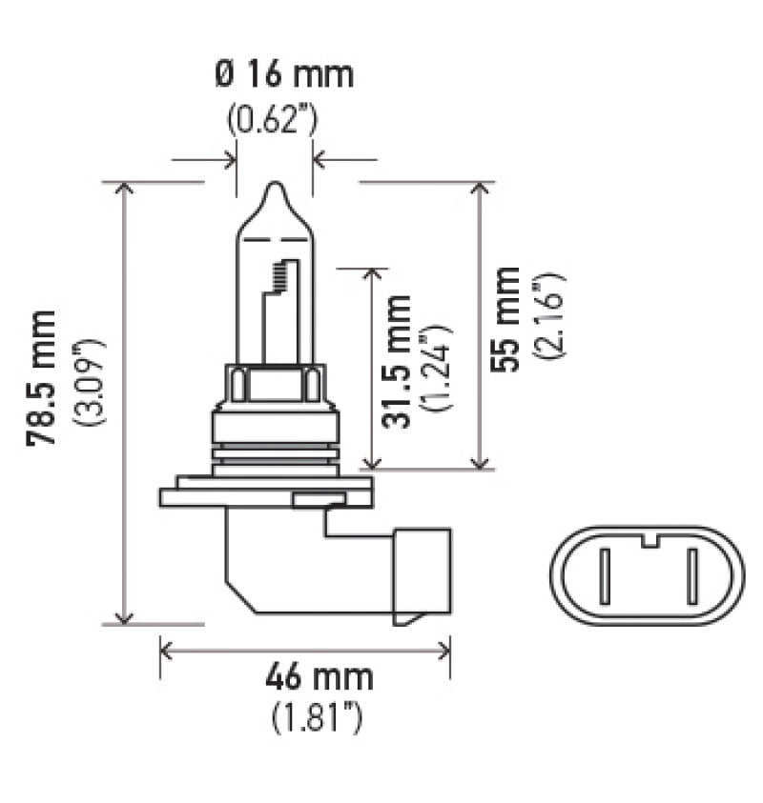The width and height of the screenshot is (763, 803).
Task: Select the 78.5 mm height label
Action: coord(42,377)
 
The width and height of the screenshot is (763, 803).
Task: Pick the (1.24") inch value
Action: coord(440,367)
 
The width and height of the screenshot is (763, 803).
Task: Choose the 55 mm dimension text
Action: coord(509,318)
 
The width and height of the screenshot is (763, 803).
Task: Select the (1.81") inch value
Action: coord(318,715)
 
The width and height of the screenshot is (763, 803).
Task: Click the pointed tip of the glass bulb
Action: coord(274,185)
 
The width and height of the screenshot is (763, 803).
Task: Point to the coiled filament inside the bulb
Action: coord(278,277)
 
